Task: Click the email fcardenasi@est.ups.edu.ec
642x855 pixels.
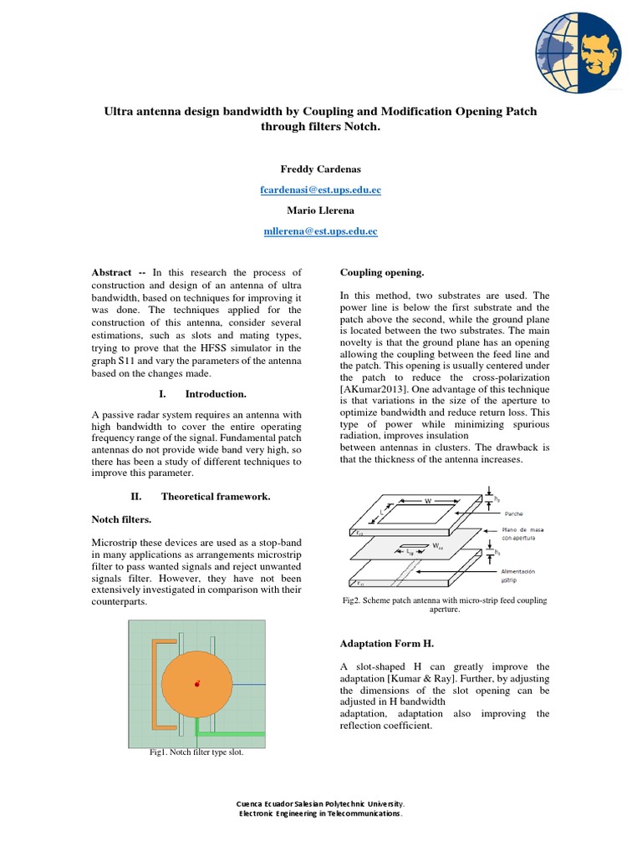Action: point(321,190)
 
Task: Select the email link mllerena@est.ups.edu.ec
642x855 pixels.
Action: point(321,230)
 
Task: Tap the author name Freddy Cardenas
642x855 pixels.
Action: point(321,169)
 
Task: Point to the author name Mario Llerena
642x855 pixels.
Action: point(321,210)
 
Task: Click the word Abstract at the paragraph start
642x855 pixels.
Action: point(112,272)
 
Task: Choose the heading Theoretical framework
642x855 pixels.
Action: point(216,496)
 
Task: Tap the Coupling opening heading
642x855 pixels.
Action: point(382,272)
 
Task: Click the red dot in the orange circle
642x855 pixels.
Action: point(197,684)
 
